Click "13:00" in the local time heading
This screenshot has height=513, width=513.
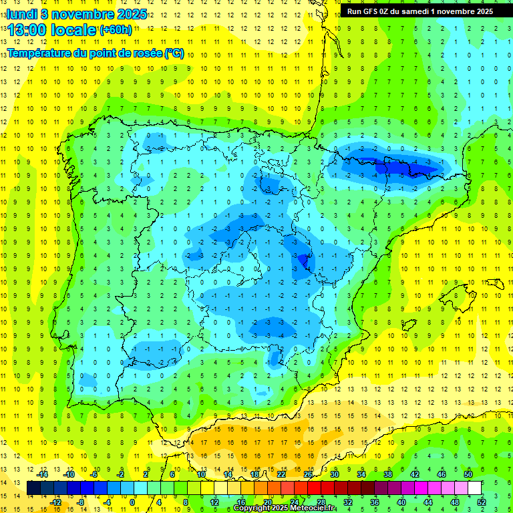(27, 30)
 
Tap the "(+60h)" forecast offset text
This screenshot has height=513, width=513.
(116, 30)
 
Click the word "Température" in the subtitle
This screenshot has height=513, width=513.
(36, 53)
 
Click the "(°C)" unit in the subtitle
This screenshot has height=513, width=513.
(174, 53)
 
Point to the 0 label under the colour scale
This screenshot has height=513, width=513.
(132, 502)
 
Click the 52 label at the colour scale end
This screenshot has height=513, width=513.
(482, 502)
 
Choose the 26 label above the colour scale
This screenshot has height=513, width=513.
(307, 474)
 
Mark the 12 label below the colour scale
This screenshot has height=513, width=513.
(214, 502)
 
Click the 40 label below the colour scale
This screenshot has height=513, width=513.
(401, 502)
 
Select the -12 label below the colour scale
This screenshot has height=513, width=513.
(55, 502)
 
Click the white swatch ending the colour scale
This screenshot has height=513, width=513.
(474, 488)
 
